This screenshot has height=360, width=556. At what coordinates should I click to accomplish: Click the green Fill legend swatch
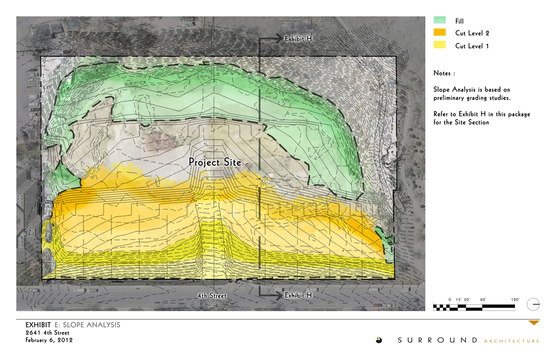coord(439,21)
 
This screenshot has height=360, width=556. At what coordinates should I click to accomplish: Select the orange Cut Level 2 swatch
coord(439,33)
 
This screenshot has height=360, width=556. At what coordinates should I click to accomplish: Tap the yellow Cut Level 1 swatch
coord(439,45)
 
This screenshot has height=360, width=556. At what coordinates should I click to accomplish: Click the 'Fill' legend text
coord(459,21)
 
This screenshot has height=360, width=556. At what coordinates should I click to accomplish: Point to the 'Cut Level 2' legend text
coord(472,33)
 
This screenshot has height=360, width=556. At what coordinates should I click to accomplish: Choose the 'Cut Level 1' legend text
coord(472,46)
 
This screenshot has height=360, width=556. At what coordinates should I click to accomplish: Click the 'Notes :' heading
coord(444,73)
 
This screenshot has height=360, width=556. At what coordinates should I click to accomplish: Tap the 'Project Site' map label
coord(215,162)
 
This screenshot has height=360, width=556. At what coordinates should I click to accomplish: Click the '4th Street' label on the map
coord(212,296)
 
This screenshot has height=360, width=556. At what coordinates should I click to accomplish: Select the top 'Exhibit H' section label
coord(298,39)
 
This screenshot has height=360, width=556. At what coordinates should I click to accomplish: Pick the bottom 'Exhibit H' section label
coord(298,295)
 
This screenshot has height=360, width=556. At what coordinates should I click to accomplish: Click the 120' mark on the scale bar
coord(514,300)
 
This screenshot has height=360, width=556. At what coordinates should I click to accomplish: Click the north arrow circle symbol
coord(533,304)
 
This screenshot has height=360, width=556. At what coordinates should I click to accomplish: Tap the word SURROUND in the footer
coord(438,340)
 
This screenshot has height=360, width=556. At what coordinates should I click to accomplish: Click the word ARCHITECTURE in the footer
coord(512,341)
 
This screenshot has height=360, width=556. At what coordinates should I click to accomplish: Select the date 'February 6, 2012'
coord(49,340)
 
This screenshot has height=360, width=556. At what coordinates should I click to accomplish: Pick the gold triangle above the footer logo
coord(534,323)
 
